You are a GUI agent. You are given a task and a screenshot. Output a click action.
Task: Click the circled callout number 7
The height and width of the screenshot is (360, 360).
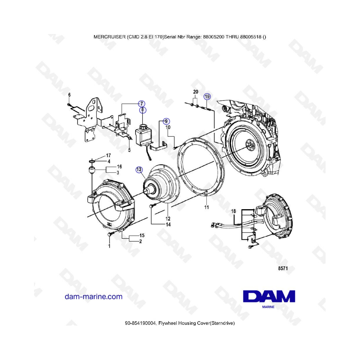(x=142, y=104)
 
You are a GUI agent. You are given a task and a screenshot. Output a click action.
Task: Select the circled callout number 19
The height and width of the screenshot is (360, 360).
(x=207, y=97)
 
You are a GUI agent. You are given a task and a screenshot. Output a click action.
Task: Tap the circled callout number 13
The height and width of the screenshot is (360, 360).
(x=139, y=170)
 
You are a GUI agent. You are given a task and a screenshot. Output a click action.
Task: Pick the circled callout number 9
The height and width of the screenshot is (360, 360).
(x=166, y=121)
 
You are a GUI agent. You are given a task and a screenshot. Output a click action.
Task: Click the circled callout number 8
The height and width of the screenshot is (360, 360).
(x=142, y=110)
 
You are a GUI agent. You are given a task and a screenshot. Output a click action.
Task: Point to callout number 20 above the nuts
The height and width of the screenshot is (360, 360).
(x=196, y=92)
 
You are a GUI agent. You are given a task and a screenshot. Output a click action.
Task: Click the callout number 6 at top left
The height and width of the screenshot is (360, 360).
(x=69, y=95)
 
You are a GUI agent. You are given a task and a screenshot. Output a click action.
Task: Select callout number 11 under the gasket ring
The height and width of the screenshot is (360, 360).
(x=207, y=207)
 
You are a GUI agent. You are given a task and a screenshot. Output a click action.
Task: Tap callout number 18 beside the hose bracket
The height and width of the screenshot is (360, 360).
(x=234, y=211)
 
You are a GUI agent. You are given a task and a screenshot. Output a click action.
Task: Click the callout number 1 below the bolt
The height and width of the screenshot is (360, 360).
(x=109, y=246)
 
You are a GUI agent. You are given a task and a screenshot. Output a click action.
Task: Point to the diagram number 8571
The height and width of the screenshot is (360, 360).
(x=283, y=268)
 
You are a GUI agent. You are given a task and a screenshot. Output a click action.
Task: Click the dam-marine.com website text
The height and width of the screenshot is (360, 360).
(x=94, y=296)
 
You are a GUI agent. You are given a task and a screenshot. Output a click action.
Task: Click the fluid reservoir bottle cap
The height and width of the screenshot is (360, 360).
(x=143, y=126)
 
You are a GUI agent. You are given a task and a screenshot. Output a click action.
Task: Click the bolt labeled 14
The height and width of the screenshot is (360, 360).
(x=153, y=206)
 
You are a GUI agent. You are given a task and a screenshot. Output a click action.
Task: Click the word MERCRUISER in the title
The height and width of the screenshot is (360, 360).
(x=110, y=37)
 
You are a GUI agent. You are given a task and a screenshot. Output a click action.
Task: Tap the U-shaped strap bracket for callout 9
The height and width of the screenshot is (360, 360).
(x=158, y=147)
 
